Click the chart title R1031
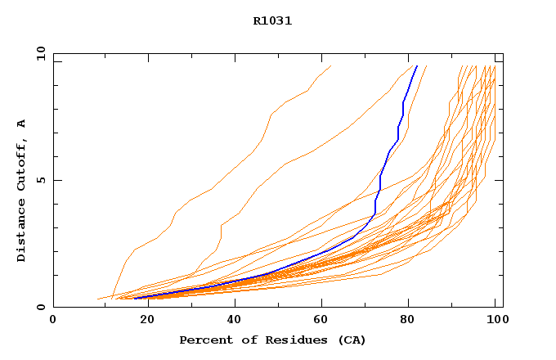(272, 21)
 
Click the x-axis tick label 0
(53, 320)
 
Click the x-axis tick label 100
(495, 320)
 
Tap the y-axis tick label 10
(40, 53)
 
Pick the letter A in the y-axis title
(21, 124)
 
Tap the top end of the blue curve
(417, 66)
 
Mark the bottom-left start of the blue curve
(135, 298)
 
